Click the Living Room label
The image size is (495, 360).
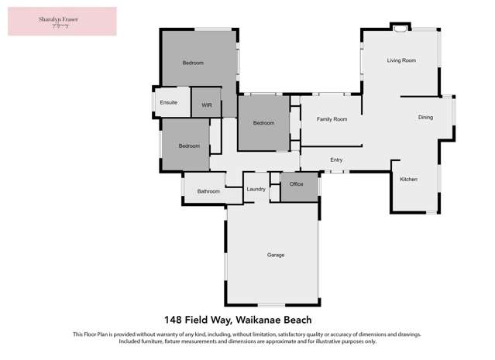pos(402,60)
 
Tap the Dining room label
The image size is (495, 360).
pos(425,118)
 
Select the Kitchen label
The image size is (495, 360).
pos(408,180)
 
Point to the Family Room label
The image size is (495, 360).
pos(332,119)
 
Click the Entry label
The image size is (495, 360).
pos(336,160)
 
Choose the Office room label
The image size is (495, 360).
pos(296,184)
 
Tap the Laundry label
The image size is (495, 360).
pos(256,189)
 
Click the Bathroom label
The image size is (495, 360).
pos(208,191)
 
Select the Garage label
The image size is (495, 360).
pos(276,255)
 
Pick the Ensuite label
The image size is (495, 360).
pos(169,103)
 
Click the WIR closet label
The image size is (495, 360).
pos(207,105)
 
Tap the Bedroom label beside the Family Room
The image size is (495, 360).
pos(264,123)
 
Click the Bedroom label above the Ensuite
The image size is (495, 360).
pos(193,63)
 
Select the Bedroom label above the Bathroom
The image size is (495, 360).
pos(189,146)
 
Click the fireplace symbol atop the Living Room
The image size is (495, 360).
pos(400,29)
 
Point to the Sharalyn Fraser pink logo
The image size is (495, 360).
pos(62,22)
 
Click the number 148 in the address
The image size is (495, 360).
pos(175,319)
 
